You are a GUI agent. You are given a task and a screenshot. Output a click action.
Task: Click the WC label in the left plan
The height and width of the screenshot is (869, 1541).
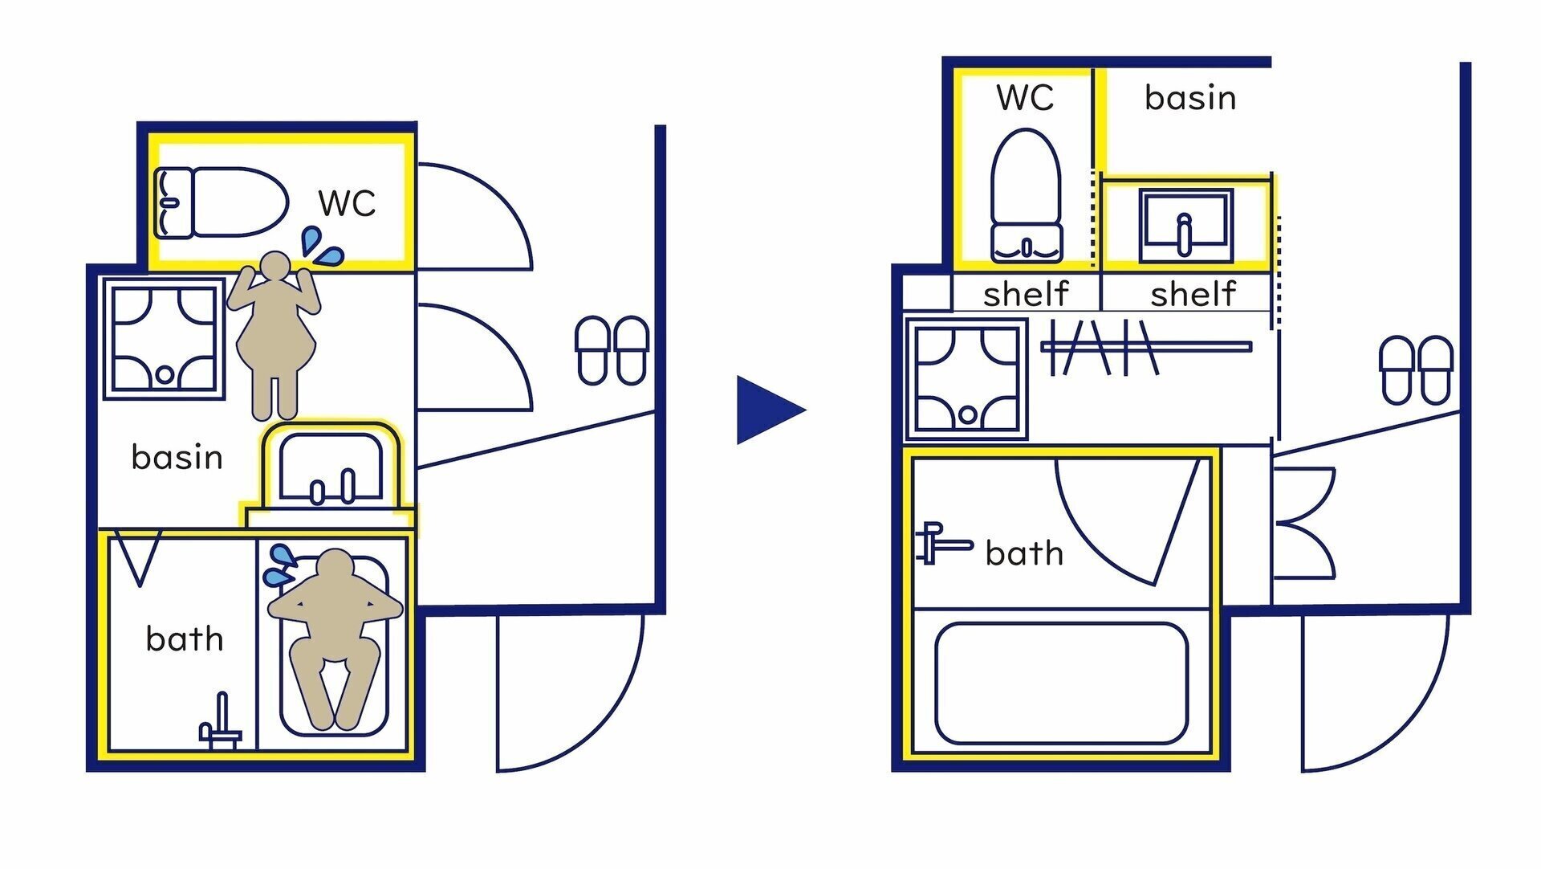pyautogui.click(x=347, y=203)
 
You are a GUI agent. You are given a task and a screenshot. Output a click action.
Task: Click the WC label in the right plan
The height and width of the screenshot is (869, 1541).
pyautogui.click(x=1025, y=97)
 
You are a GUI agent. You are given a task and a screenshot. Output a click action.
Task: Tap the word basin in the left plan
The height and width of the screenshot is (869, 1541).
pyautogui.click(x=177, y=457)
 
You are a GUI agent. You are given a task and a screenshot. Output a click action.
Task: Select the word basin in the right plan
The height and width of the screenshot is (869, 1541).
pyautogui.click(x=1189, y=98)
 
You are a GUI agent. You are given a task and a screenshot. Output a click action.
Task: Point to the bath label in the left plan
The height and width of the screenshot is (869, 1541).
pyautogui.click(x=184, y=639)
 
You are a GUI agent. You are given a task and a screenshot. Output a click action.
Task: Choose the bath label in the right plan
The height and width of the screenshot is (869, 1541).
pyautogui.click(x=1024, y=553)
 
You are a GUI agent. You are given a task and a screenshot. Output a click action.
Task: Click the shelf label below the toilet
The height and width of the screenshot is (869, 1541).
pyautogui.click(x=1025, y=294)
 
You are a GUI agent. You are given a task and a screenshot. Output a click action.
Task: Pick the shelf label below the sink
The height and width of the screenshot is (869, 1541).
pyautogui.click(x=1193, y=294)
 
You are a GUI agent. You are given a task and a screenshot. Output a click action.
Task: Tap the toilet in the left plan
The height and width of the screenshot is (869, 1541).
pyautogui.click(x=221, y=202)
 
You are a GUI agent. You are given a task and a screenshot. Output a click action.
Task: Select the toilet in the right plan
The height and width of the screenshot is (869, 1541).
pyautogui.click(x=1026, y=197)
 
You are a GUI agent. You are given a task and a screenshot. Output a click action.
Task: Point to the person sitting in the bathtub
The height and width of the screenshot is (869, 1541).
pyautogui.click(x=335, y=634)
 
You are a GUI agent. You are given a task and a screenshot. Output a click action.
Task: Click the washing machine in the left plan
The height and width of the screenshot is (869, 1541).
pyautogui.click(x=164, y=339)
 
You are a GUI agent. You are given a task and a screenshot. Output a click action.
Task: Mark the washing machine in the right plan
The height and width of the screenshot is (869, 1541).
pyautogui.click(x=966, y=380)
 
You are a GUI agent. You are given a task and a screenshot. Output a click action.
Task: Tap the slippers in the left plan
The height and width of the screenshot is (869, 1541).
pyautogui.click(x=612, y=350)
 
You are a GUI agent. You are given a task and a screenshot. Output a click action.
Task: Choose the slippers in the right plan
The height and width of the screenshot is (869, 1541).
pyautogui.click(x=1415, y=369)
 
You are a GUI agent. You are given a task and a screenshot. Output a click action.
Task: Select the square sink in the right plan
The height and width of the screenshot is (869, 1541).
pyautogui.click(x=1185, y=225)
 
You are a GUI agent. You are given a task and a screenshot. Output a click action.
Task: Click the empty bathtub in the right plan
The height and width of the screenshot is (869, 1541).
pyautogui.click(x=1060, y=683)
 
